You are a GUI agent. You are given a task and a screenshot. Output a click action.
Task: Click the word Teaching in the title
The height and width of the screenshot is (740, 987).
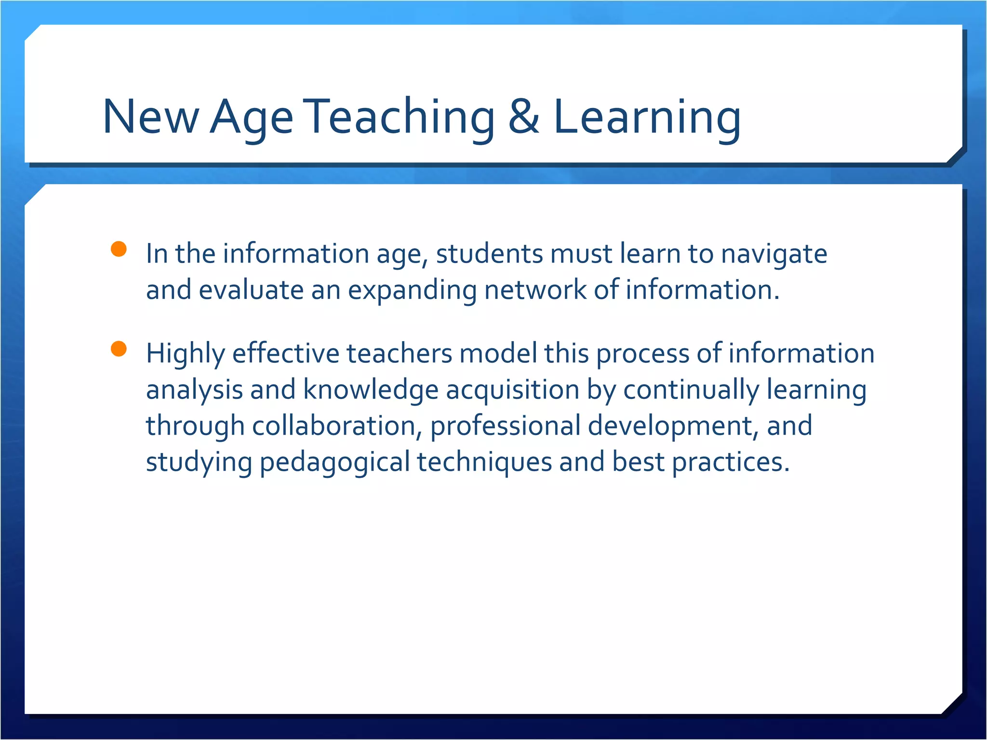pyautogui.click(x=400, y=117)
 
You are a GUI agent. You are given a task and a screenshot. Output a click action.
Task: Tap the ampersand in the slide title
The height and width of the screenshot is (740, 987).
pyautogui.click(x=524, y=117)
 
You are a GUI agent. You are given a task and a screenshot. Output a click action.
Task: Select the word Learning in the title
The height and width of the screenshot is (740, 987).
pyautogui.click(x=647, y=117)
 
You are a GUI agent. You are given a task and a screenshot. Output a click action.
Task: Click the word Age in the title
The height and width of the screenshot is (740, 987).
pyautogui.click(x=251, y=117)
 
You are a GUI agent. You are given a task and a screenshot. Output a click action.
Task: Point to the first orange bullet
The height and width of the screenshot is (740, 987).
pyautogui.click(x=119, y=249)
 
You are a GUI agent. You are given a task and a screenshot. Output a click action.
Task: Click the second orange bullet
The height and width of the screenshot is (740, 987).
pyautogui.click(x=119, y=348)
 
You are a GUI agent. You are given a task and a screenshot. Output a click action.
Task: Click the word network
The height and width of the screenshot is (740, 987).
pyautogui.click(x=535, y=291)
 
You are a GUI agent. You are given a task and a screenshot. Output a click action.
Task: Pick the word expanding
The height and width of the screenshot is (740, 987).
pyautogui.click(x=412, y=291)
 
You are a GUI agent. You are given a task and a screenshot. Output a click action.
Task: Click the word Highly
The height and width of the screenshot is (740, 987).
pyautogui.click(x=186, y=354)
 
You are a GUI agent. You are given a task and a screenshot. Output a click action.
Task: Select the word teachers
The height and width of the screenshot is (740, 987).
pyautogui.click(x=399, y=353)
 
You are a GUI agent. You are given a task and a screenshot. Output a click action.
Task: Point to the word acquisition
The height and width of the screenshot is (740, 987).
pyautogui.click(x=512, y=390)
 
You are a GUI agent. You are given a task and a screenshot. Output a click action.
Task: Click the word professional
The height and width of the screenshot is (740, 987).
pyautogui.click(x=505, y=426)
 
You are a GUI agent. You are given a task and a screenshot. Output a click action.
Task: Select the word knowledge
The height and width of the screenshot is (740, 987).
pyautogui.click(x=371, y=390)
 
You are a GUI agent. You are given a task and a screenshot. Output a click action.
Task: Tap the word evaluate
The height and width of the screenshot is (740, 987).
pyautogui.click(x=251, y=291)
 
